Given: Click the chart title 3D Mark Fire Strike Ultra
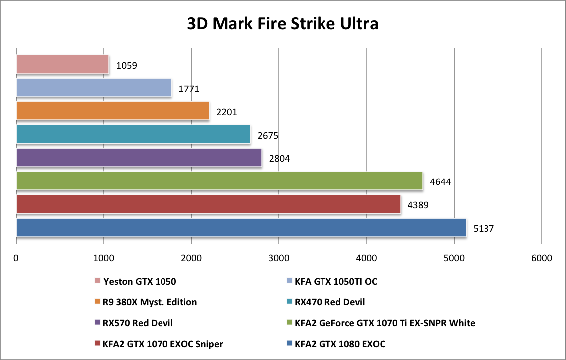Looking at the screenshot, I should [x=283, y=23].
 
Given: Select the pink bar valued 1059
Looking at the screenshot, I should [x=63, y=64].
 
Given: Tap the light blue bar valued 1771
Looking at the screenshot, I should [x=94, y=88].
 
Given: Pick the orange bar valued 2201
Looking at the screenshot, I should [x=113, y=111].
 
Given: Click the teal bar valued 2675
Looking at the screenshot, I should [x=133, y=134].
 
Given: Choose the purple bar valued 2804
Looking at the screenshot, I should [x=139, y=158].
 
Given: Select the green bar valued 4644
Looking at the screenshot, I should [x=220, y=181].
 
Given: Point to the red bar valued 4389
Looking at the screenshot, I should [x=208, y=204].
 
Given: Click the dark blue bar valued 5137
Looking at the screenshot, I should [x=241, y=228].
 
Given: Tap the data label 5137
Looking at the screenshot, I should [x=484, y=229].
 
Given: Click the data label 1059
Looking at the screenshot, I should [x=126, y=65].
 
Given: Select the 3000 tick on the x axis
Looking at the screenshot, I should [x=279, y=258].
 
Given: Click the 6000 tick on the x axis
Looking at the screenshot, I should [x=541, y=258].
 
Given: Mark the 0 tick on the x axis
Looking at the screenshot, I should [x=16, y=258].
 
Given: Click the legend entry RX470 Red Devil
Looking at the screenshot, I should [x=329, y=302].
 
